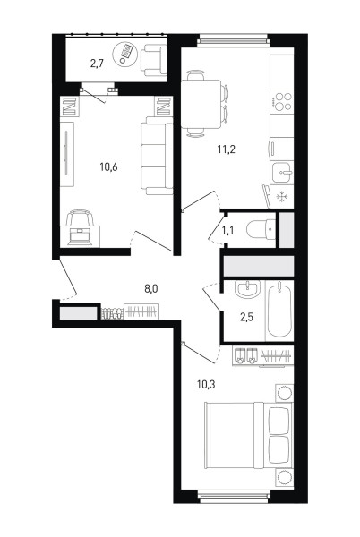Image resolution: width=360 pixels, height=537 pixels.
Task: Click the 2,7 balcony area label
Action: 97,64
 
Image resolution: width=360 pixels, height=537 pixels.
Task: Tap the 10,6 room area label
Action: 108,167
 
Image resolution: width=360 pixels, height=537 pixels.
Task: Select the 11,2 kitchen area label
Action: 226,149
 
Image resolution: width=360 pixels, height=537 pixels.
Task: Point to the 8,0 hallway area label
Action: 150,289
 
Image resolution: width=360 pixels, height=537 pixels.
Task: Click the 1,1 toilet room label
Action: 227,231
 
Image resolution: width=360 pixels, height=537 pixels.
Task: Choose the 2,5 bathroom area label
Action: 246,317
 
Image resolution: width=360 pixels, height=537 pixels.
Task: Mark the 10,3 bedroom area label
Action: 206,384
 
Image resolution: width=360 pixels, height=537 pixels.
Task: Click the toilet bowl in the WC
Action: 261,229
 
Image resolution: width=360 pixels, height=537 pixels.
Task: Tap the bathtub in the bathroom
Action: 280,310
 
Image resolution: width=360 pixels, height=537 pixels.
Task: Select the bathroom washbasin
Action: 248,290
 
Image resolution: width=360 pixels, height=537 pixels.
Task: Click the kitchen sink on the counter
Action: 282,172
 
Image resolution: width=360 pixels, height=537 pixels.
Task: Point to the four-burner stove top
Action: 282,101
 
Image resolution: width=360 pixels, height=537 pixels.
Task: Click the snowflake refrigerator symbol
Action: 282,197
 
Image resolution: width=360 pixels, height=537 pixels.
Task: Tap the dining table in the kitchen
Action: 201,104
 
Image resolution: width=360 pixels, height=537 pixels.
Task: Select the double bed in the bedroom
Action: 248,435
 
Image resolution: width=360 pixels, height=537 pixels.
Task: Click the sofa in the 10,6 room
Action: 157,156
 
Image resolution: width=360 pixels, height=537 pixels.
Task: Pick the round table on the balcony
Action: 125,54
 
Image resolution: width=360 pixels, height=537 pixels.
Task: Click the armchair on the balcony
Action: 154,60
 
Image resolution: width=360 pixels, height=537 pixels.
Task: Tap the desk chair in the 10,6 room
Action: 80,217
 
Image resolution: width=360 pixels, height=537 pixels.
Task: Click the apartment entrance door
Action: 67,279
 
